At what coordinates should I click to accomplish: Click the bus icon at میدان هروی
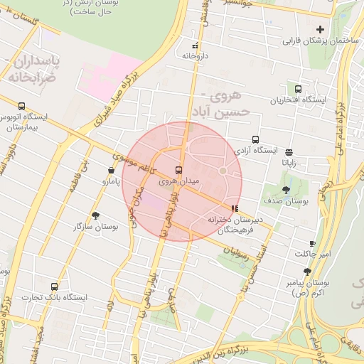[178, 170]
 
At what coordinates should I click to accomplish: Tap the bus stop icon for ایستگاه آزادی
[255, 140]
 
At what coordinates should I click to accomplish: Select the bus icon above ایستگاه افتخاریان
[297, 90]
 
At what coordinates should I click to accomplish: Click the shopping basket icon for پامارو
[111, 171]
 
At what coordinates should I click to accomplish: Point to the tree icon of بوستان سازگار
[96, 215]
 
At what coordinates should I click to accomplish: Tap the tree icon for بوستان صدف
[286, 190]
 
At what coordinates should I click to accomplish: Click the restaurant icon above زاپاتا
[289, 152]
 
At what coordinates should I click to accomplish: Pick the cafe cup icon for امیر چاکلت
[312, 244]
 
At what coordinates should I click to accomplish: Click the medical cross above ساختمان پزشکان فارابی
[320, 30]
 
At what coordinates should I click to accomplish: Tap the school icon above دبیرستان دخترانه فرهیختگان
[235, 208]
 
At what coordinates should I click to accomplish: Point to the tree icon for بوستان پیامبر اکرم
[307, 272]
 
